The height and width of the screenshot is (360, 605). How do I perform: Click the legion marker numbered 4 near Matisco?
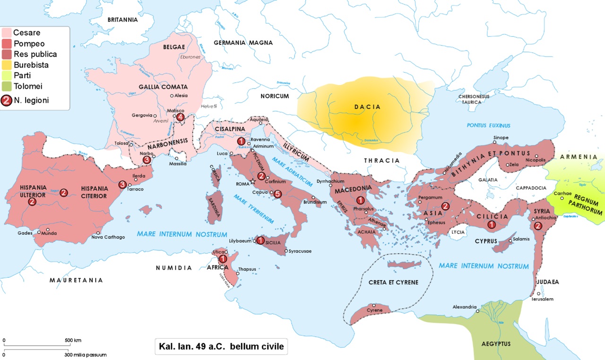coord(180,117)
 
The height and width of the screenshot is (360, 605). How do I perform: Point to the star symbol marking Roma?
coord(253,181)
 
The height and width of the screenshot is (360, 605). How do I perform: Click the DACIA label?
coord(367,107)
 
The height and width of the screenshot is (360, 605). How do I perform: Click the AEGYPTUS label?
coord(496,343)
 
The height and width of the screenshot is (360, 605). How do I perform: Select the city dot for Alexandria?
coord(477,311)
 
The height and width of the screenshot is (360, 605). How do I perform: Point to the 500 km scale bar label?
coord(73,340)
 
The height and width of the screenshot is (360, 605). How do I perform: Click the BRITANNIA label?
coord(122,20)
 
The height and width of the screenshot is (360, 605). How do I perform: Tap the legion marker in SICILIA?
coord(260,240)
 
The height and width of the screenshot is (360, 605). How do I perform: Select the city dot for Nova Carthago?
coord(98,233)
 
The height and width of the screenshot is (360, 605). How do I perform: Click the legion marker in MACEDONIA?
coord(360,200)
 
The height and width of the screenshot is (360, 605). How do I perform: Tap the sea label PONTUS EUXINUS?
coord(489,126)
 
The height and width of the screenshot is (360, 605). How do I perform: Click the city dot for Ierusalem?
coord(538,294)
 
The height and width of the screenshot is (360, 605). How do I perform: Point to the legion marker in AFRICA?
coord(222,259)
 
